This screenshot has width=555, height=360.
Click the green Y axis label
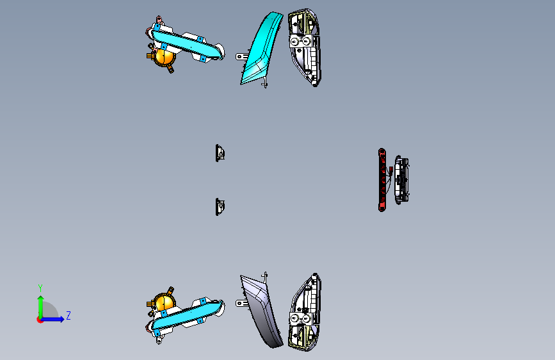point(40,288)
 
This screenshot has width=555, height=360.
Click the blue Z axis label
point(68,315)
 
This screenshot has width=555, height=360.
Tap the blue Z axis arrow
point(52,319)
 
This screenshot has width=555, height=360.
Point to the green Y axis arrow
point(40,307)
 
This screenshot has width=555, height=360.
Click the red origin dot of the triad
point(40,320)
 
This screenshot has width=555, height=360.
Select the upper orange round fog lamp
point(165,57)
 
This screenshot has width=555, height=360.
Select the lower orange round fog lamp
point(165,302)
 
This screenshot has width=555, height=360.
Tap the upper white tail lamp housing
point(305,47)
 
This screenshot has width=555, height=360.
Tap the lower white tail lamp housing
point(305,313)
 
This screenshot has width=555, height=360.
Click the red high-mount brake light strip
point(382,180)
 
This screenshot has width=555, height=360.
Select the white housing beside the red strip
point(402,179)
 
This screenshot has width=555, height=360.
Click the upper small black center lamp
point(220,153)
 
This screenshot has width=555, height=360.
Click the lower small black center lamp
point(220,206)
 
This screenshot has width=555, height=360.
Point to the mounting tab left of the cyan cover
point(243,56)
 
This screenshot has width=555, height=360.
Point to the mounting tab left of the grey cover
point(243,303)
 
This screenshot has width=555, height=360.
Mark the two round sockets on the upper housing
point(300,42)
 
